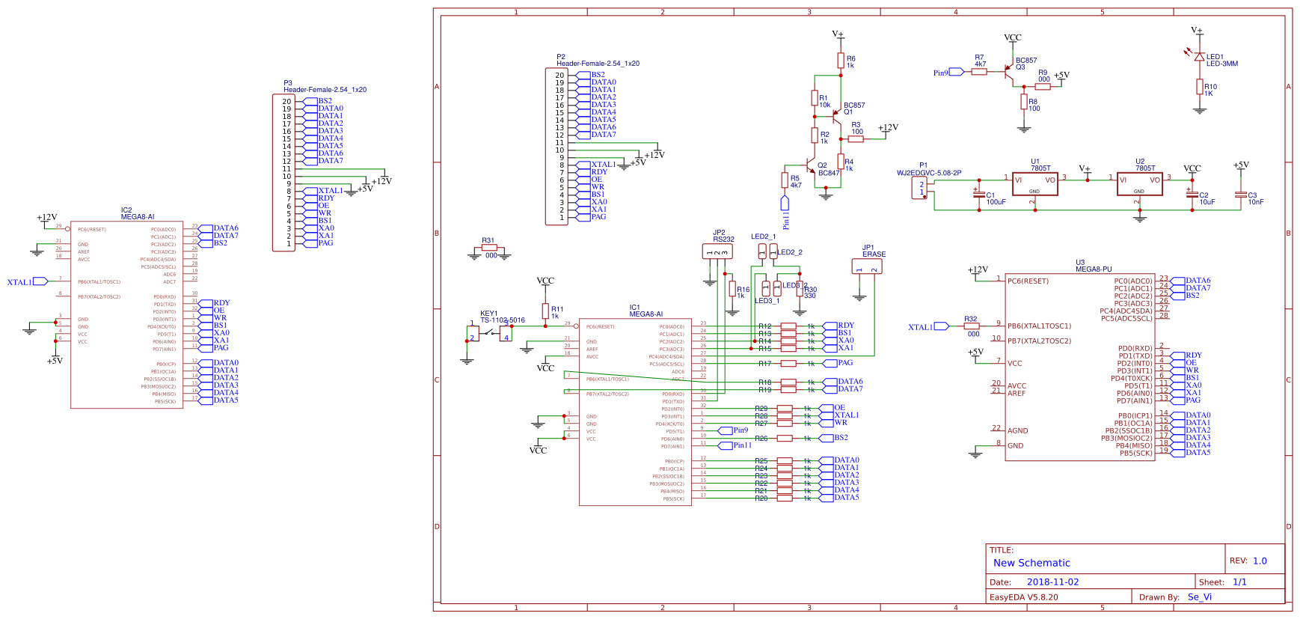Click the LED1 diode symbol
(x=1199, y=56)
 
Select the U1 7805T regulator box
(x=1034, y=184)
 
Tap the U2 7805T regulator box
(x=1139, y=184)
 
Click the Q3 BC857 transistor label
(x=1025, y=64)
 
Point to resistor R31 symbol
(x=489, y=248)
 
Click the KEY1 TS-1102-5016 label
(x=502, y=317)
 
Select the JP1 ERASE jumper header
(x=867, y=266)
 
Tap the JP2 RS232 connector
(x=717, y=251)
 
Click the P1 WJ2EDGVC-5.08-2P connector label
(x=928, y=169)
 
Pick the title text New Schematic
(x=1031, y=563)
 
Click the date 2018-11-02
(x=1052, y=582)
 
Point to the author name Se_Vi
(x=1199, y=597)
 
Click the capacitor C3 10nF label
(x=1254, y=198)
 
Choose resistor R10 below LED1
(x=1199, y=88)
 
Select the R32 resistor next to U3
(x=971, y=326)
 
